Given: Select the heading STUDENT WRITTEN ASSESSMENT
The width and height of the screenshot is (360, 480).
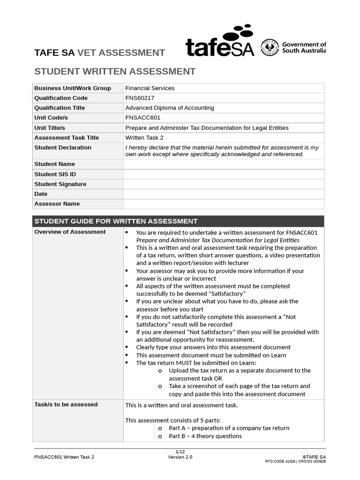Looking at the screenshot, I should point(115,72).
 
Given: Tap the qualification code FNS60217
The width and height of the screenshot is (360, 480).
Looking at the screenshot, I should point(140,98).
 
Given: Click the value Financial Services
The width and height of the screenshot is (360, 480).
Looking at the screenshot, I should point(150,88).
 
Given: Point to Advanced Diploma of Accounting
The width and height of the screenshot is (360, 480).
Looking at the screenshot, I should point(169,108).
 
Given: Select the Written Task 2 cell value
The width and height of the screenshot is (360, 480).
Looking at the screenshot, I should point(144,138).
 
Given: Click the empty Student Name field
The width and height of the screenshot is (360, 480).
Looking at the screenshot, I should point(223,164).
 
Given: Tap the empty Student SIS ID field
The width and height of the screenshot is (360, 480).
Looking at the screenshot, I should point(223,174).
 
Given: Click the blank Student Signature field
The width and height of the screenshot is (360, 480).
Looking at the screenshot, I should point(223,184).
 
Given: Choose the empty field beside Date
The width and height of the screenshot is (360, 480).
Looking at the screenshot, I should point(223,194).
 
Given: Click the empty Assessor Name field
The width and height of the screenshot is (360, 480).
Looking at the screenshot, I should point(223,204).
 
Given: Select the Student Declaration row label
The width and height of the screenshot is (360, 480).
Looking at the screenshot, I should point(63,148).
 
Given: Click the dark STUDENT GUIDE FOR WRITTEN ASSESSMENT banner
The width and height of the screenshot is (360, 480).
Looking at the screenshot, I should point(178,221).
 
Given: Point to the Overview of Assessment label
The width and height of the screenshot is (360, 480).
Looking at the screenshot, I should point(70,232).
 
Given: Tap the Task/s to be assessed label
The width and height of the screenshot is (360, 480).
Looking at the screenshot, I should point(66,405).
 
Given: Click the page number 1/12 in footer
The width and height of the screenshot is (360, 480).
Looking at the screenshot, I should point(180,451).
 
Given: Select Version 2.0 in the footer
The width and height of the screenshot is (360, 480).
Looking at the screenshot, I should point(180,457).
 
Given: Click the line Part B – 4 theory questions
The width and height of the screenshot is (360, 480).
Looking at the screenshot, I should point(205,436).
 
